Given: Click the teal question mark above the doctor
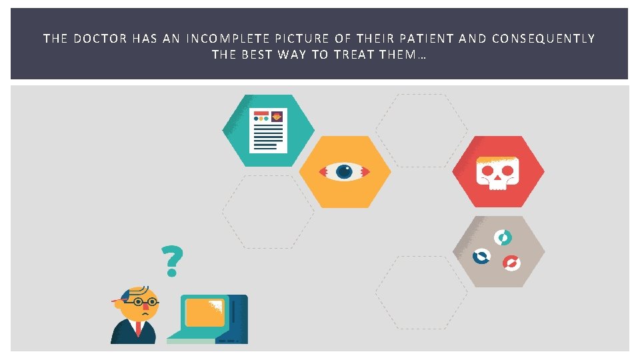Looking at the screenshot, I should (x=172, y=261).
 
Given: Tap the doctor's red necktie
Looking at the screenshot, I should (x=138, y=328).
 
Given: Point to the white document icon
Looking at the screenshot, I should (x=268, y=130).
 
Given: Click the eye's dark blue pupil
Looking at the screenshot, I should (x=344, y=171).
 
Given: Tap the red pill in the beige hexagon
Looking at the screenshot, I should (x=511, y=263).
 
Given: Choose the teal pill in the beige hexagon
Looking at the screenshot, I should (x=503, y=237).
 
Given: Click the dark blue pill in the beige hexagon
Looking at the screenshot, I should (x=481, y=255).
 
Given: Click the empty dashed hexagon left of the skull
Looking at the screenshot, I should (x=421, y=130).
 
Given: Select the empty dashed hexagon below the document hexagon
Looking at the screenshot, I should (x=268, y=211).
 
